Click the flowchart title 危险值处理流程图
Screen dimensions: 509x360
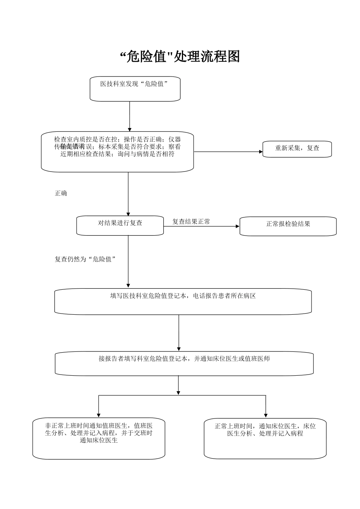click(180, 57)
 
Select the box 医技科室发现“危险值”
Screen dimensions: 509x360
click(135, 89)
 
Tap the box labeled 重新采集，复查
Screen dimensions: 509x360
click(297, 148)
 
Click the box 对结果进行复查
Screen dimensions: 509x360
click(120, 226)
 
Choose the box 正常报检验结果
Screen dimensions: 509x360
click(288, 226)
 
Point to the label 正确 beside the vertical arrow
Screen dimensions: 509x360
click(61, 194)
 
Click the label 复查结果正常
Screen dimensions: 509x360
click(191, 222)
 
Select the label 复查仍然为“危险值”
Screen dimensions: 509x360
click(85, 259)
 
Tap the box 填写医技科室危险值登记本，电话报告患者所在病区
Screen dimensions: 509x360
click(183, 301)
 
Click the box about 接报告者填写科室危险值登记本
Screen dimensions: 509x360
click(184, 364)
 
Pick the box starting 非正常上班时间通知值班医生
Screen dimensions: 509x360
click(99, 438)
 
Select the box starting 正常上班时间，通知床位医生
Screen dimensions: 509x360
click(265, 438)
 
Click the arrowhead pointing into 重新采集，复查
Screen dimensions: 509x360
click(261, 152)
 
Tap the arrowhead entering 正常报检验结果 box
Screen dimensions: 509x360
click(238, 226)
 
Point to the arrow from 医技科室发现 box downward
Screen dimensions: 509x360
click(130, 116)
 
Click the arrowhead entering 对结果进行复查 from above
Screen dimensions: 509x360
click(128, 214)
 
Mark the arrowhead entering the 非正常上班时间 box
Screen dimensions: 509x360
click(99, 415)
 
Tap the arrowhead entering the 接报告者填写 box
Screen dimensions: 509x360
click(179, 349)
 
